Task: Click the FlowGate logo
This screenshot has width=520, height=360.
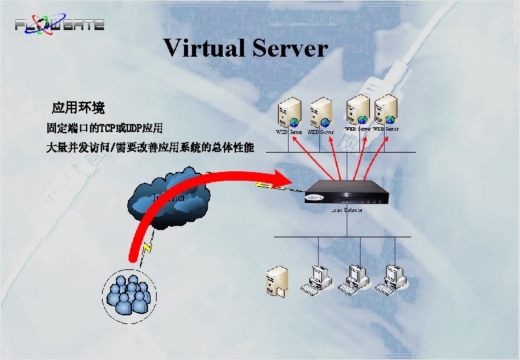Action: [x=60, y=24]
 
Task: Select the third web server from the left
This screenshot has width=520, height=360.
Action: [x=358, y=109]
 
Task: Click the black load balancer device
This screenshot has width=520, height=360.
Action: [x=347, y=193]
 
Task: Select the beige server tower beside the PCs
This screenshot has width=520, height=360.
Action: [x=276, y=282]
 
